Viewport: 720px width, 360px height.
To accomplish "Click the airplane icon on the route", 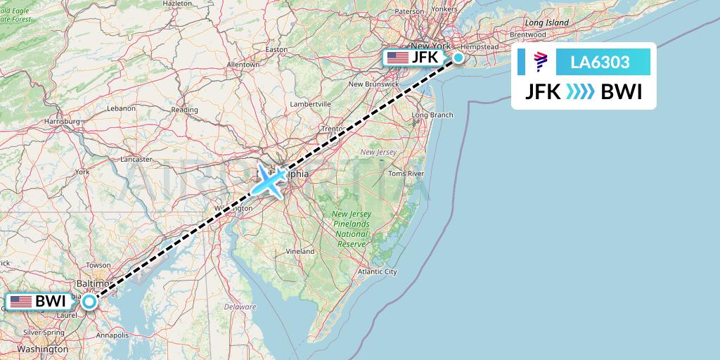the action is (x=271, y=181).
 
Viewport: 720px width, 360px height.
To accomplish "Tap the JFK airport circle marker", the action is (x=458, y=58).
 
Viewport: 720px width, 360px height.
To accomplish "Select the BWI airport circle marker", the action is (x=89, y=302).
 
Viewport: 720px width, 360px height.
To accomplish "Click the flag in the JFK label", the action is (x=398, y=57).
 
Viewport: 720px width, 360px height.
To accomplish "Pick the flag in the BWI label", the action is (x=20, y=302).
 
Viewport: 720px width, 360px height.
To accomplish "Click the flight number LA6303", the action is (x=600, y=62).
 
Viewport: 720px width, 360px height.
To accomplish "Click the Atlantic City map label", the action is (x=378, y=271).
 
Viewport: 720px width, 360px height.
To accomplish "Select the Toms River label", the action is (x=406, y=173).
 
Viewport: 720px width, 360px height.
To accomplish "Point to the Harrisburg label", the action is (x=61, y=121).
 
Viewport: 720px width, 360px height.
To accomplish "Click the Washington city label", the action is (x=44, y=349).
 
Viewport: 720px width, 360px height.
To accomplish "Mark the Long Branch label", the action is (x=432, y=115).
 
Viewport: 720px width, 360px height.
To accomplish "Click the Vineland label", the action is (x=300, y=251).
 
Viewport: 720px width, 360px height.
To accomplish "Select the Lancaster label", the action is (x=136, y=160).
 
